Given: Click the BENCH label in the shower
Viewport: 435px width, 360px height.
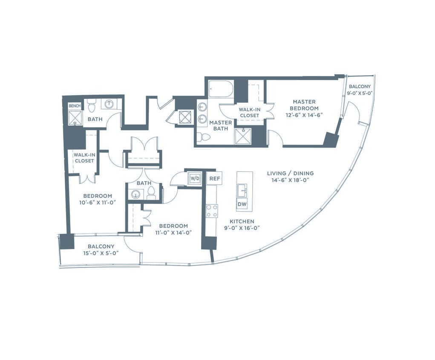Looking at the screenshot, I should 75,106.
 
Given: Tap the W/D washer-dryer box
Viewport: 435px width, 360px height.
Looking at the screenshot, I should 194,178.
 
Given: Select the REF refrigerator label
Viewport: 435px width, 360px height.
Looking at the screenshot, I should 215,178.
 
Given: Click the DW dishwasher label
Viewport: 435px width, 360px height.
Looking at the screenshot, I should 242,204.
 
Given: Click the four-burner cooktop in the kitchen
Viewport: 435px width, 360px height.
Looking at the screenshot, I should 212,211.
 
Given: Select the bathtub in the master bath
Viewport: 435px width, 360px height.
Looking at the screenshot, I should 220,89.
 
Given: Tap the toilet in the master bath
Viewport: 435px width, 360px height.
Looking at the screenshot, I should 205,137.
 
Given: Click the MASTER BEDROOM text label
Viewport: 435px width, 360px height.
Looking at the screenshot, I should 304,105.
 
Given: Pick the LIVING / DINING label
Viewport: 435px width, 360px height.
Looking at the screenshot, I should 290,173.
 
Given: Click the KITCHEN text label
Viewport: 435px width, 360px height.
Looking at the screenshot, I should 242,221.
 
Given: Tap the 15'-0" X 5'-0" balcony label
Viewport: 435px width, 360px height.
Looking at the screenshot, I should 101,253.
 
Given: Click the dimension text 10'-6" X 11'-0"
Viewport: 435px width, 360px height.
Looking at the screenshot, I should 98,203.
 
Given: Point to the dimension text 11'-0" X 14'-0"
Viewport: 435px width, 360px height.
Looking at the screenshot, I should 173,232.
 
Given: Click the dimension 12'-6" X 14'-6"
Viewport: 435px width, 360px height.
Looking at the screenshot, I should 304,115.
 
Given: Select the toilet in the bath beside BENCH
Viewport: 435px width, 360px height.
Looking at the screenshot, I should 91,107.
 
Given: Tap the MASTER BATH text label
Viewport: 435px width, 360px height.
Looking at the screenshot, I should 221,125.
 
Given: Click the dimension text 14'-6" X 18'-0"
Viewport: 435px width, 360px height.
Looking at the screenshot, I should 290,180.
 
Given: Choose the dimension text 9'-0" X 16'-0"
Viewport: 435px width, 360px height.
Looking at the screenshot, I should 242,228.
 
